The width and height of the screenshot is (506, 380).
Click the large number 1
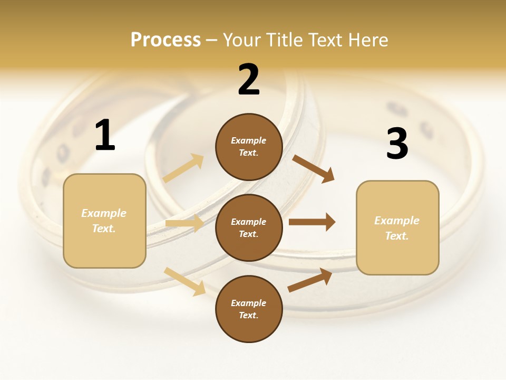(105, 136)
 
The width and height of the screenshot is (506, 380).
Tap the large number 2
(249, 80)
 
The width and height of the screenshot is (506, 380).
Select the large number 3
(397, 144)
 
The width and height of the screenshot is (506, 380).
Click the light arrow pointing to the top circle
(183, 168)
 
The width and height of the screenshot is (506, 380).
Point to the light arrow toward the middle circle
(184, 224)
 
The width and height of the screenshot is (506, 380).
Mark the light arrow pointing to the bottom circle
(184, 281)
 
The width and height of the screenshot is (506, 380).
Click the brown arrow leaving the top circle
(314, 169)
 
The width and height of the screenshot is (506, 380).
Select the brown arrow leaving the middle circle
(312, 222)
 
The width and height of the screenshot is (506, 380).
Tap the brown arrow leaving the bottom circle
(310, 280)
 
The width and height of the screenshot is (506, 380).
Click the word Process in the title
(166, 40)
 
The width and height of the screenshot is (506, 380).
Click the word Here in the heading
(368, 40)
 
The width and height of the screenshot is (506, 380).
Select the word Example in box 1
(104, 213)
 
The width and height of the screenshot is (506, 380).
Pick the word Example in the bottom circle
(248, 303)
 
